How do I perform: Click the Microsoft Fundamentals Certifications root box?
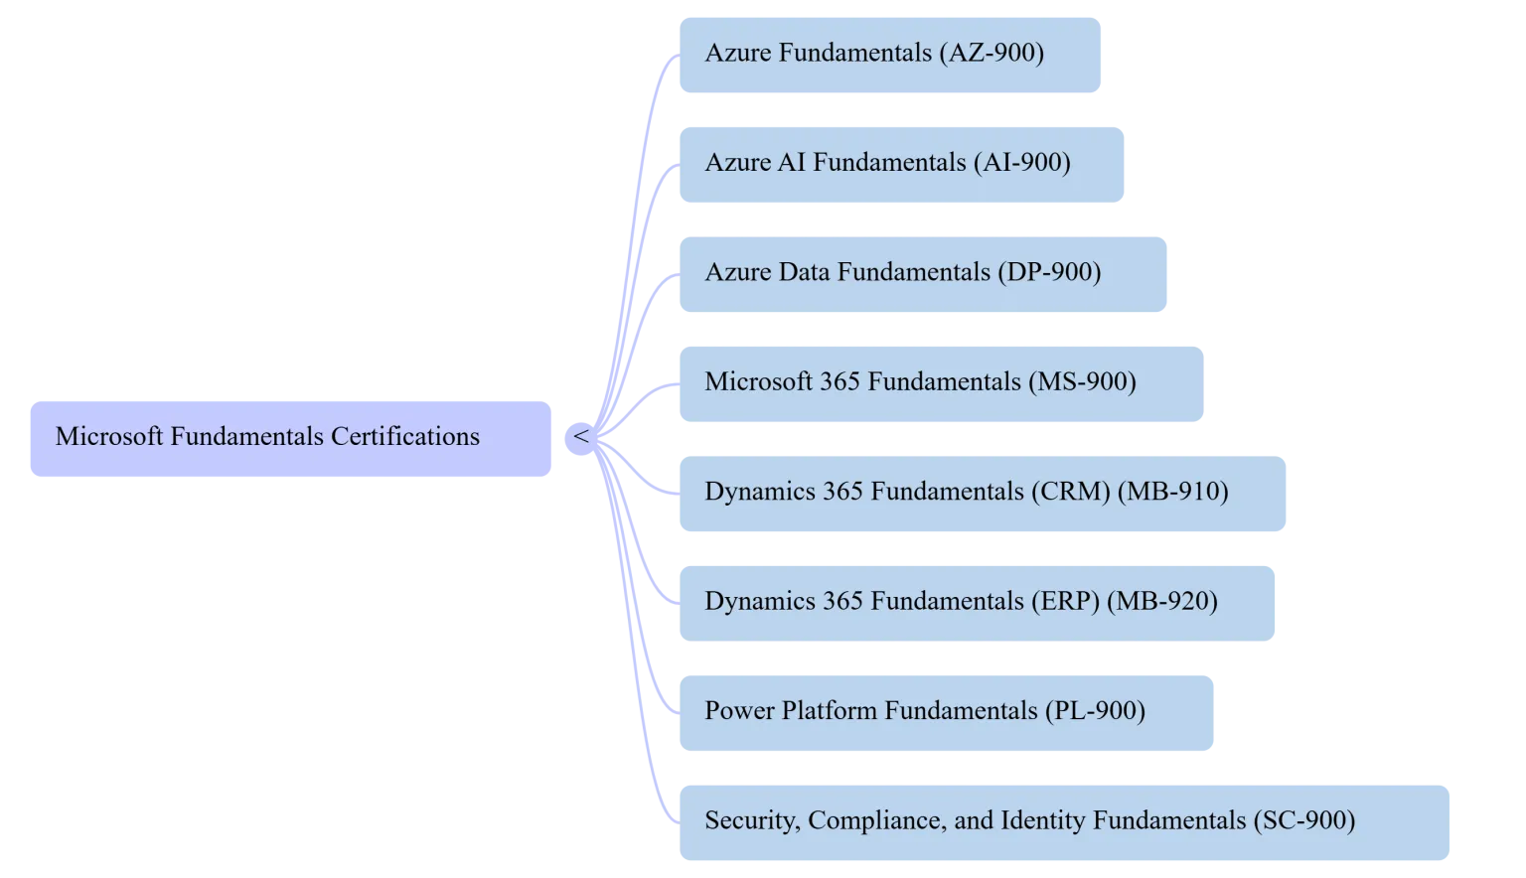coord(289,440)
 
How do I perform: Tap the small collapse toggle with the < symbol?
coord(581,437)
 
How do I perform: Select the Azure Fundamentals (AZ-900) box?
coord(889,55)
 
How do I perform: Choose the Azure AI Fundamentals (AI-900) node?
coord(901,164)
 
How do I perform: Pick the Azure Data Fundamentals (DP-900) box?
coord(922,274)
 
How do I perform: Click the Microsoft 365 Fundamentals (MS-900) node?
coord(941,383)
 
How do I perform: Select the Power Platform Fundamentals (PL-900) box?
coord(945,712)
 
